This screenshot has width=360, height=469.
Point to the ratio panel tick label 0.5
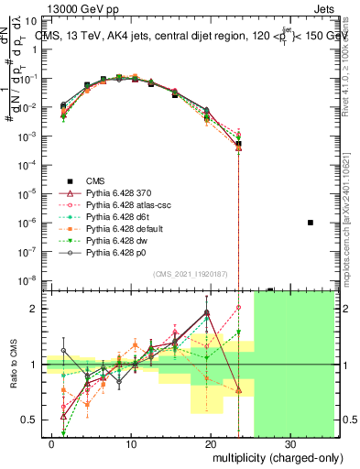coord(32,420)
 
